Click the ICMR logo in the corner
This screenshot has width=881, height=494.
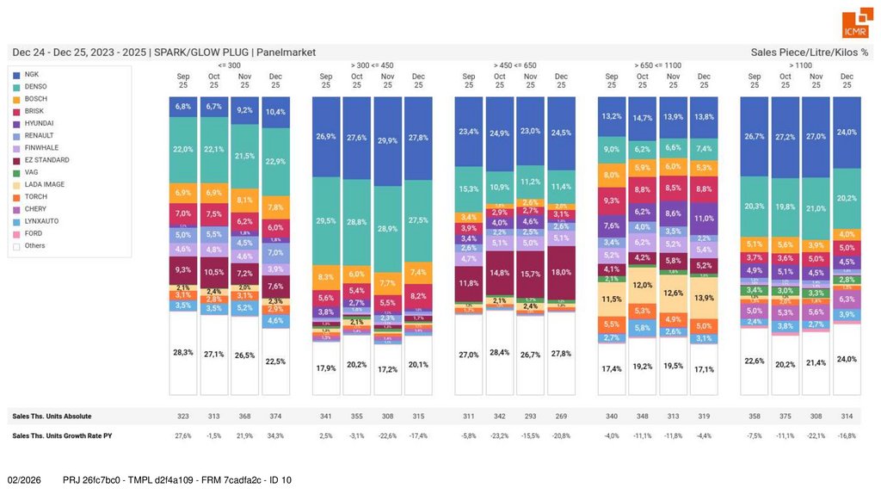[x=855, y=23]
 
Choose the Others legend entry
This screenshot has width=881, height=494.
[x=35, y=245]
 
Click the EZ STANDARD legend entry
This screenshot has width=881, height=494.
[x=46, y=160]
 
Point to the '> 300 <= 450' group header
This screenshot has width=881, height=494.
[x=372, y=65]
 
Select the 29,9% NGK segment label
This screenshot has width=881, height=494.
[x=387, y=140]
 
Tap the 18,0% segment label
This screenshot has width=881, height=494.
[x=561, y=272]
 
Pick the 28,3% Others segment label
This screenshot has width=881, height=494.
[x=183, y=351]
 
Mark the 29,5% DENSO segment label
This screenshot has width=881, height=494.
[x=326, y=220]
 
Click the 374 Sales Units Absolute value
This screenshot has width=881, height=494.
[x=275, y=416]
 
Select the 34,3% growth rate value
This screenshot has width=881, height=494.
[x=275, y=435]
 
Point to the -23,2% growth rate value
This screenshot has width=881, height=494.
[x=500, y=435]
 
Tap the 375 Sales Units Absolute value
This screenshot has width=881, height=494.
[x=785, y=416]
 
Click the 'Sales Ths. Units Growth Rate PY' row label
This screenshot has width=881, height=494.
[x=62, y=435]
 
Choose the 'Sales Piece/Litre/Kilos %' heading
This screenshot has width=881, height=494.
[x=809, y=52]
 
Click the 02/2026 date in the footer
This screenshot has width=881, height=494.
[x=25, y=479]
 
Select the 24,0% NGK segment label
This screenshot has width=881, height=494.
[x=847, y=132]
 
